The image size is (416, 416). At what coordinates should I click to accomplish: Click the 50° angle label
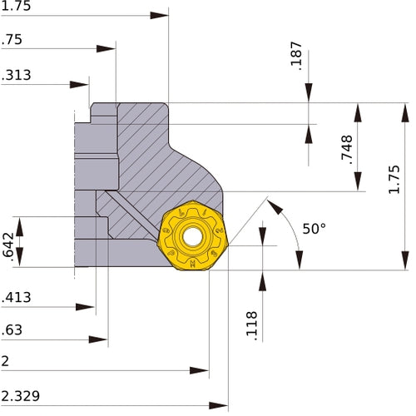click(314, 229)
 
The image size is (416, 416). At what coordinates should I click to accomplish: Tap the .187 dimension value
click(296, 56)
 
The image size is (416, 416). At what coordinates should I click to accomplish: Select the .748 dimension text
click(347, 150)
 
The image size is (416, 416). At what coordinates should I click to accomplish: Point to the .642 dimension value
click(7, 247)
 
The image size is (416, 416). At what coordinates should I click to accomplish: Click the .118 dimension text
click(252, 326)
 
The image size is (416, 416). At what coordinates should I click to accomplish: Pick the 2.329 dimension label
click(20, 396)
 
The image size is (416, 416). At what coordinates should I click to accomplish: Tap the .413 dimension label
click(16, 297)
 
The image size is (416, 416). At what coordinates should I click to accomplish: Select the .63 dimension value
click(12, 330)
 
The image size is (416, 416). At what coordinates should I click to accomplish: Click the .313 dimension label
click(16, 75)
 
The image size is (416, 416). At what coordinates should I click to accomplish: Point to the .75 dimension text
click(12, 40)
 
